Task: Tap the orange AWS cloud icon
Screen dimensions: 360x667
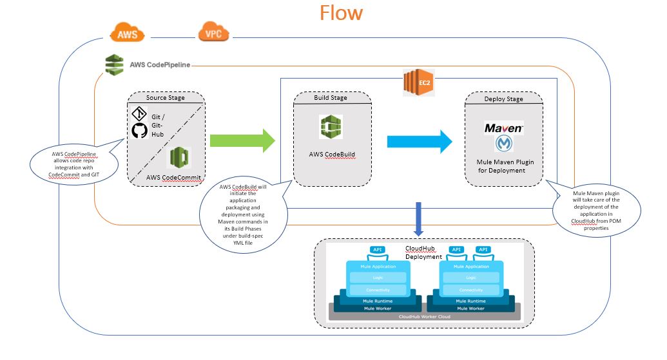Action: [x=127, y=33]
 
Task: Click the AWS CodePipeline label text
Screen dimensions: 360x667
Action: [x=158, y=65]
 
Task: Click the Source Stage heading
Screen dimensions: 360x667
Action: [x=165, y=98]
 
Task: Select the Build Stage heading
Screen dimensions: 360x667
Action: [x=331, y=98]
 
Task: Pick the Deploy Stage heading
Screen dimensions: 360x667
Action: [x=503, y=99]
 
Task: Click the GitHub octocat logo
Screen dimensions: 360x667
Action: [x=139, y=131]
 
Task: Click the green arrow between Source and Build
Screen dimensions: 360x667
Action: [x=242, y=140]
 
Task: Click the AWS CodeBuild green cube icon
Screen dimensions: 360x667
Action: [x=331, y=127]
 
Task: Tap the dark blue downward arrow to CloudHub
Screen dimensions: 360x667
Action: [x=420, y=220]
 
